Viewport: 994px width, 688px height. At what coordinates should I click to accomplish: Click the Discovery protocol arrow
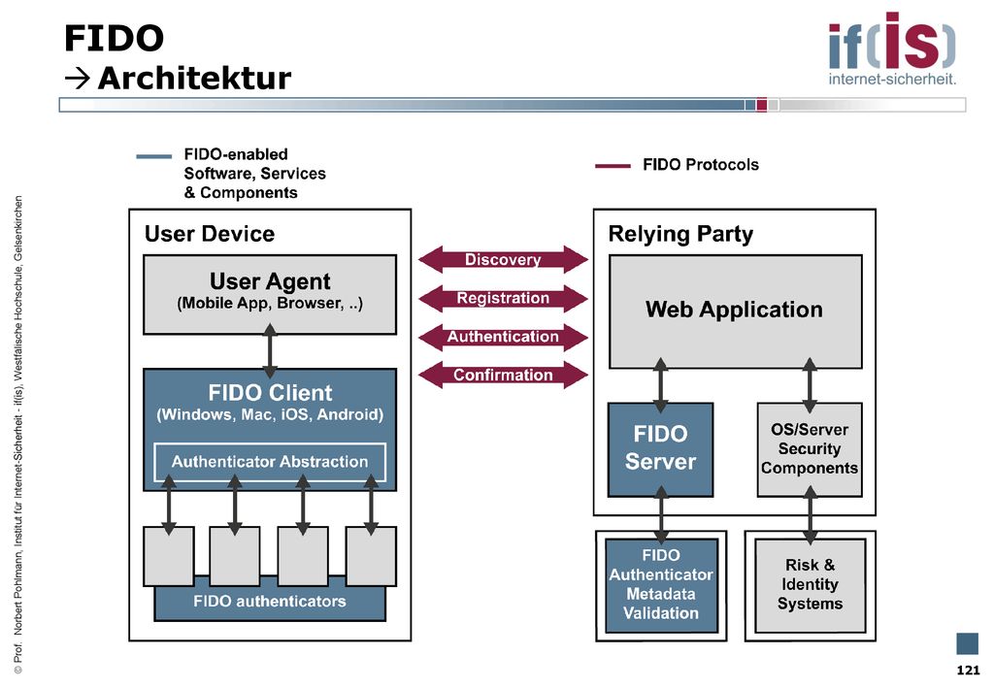click(x=504, y=259)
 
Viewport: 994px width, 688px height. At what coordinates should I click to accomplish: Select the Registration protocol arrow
click(x=504, y=298)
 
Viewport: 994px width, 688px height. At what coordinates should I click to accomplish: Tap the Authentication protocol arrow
click(x=504, y=337)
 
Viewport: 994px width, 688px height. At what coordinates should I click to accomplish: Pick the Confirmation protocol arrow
click(x=504, y=375)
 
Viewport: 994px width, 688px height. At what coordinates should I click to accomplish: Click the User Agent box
click(x=270, y=295)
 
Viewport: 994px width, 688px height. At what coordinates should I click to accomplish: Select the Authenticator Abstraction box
click(x=270, y=462)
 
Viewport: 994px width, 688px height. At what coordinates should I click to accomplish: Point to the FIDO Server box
click(x=660, y=449)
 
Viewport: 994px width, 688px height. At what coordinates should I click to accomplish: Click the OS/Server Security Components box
click(x=810, y=449)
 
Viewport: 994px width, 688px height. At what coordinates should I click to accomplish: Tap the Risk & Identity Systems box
click(x=811, y=585)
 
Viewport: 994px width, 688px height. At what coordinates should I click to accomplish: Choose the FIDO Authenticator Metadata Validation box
click(x=661, y=585)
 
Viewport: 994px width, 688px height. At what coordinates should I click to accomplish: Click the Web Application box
click(x=736, y=311)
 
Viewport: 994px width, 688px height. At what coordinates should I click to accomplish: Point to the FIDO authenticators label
click(x=270, y=602)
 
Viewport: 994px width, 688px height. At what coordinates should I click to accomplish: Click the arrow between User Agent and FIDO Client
click(x=270, y=351)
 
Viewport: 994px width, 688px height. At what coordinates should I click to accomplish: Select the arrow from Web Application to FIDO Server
click(x=660, y=385)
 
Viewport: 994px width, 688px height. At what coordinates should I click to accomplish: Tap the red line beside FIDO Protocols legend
click(x=613, y=166)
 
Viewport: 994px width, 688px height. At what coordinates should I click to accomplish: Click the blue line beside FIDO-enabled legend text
click(x=153, y=156)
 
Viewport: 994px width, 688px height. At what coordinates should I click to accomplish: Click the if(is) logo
click(x=892, y=49)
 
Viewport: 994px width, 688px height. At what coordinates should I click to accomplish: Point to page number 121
click(x=968, y=671)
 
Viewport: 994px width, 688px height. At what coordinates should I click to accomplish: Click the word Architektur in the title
click(x=194, y=79)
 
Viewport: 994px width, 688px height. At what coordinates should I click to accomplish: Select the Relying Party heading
click(x=680, y=235)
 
